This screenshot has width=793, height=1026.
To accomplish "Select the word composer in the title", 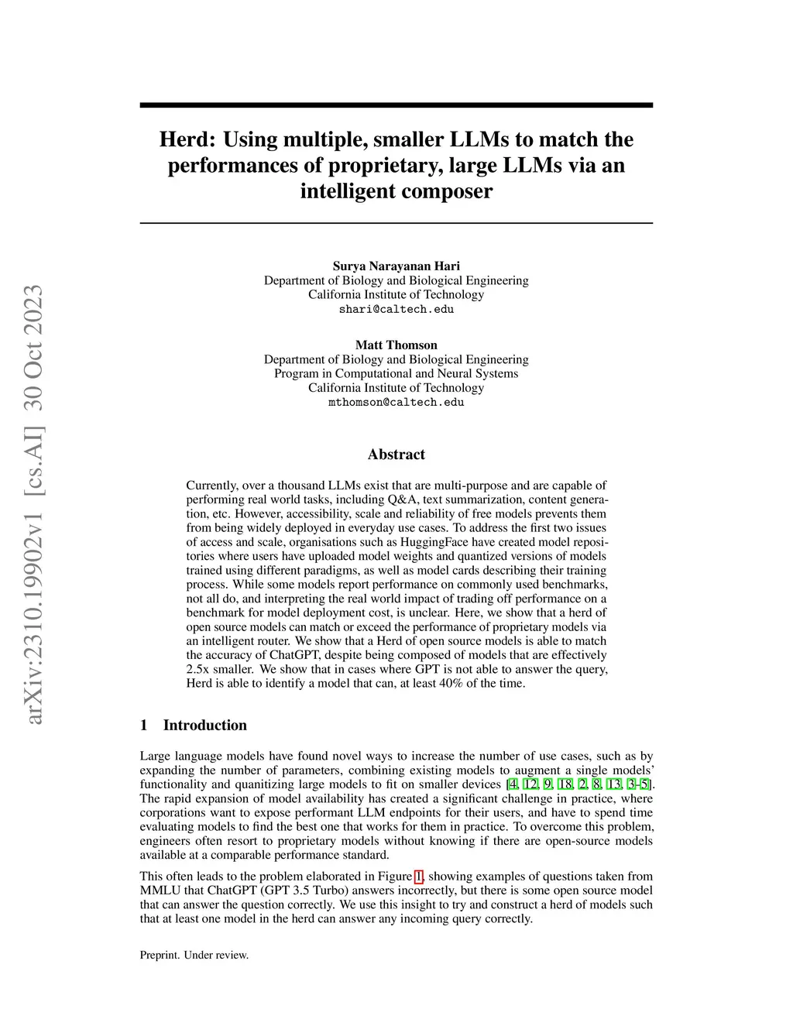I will (445, 191).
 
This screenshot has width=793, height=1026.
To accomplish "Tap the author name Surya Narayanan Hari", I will (396, 266).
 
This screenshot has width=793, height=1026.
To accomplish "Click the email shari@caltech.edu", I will (396, 309).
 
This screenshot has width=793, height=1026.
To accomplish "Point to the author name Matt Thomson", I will (396, 345).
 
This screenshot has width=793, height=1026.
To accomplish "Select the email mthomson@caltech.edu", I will (396, 403).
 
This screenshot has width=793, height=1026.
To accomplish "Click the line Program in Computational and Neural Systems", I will (396, 374).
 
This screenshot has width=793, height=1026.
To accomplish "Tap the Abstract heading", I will (396, 455).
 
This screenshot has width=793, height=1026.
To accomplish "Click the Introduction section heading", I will (204, 726).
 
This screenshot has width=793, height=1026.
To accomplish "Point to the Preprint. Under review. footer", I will (194, 956).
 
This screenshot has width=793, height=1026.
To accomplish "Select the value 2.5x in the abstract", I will (198, 669).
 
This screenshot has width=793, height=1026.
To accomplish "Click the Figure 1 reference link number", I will (419, 877).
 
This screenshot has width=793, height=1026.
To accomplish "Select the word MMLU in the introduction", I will (159, 890).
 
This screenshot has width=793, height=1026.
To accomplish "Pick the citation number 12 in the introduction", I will (530, 784).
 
